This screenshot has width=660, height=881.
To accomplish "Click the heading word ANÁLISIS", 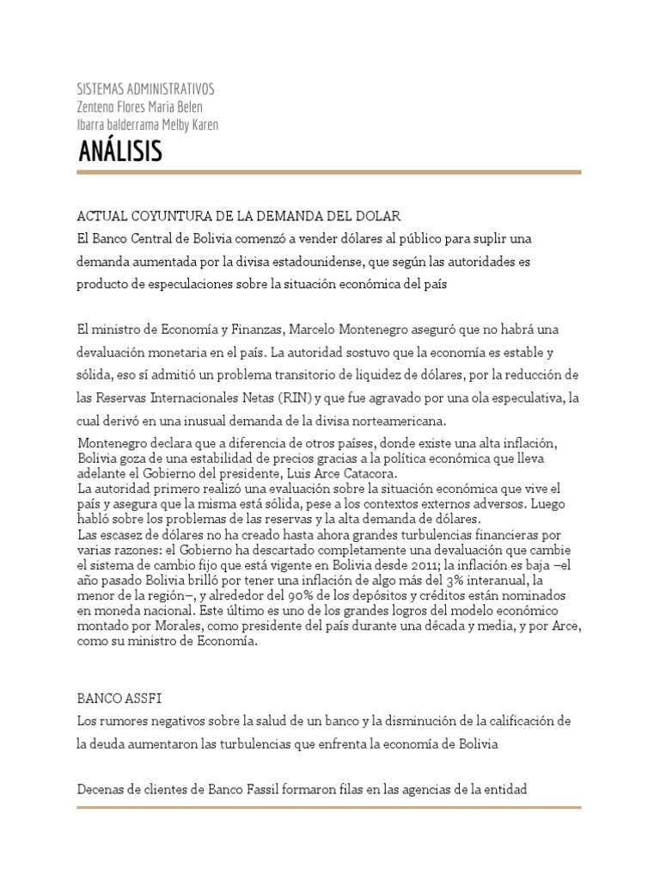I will coord(119,152).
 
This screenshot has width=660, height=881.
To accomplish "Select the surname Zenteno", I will coord(97,107).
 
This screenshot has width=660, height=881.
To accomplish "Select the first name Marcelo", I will coord(314,330).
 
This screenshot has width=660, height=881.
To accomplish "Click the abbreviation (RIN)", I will coord(294,398).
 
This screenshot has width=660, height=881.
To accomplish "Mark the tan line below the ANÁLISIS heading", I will coord(329,172).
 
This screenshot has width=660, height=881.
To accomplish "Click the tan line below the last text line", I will coord(329,807).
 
